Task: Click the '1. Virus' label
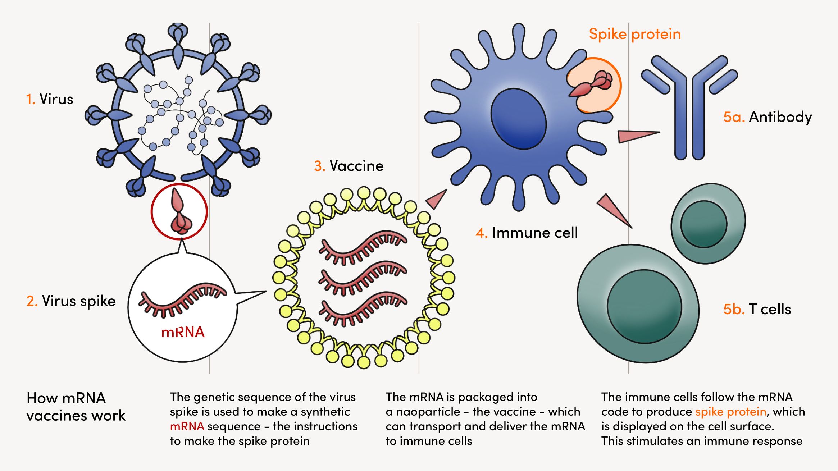tap(50, 99)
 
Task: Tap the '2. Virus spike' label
tap(71, 301)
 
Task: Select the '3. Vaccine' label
tap(349, 166)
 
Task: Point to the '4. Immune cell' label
tap(527, 233)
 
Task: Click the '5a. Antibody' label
tap(768, 117)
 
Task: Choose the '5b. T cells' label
tap(757, 309)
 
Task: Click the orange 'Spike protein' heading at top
tap(635, 34)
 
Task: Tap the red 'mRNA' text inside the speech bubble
tap(183, 332)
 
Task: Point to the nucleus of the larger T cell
tap(645, 306)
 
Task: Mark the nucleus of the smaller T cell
tap(703, 224)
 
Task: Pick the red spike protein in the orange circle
tap(592, 85)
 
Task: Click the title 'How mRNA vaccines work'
tap(76, 407)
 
